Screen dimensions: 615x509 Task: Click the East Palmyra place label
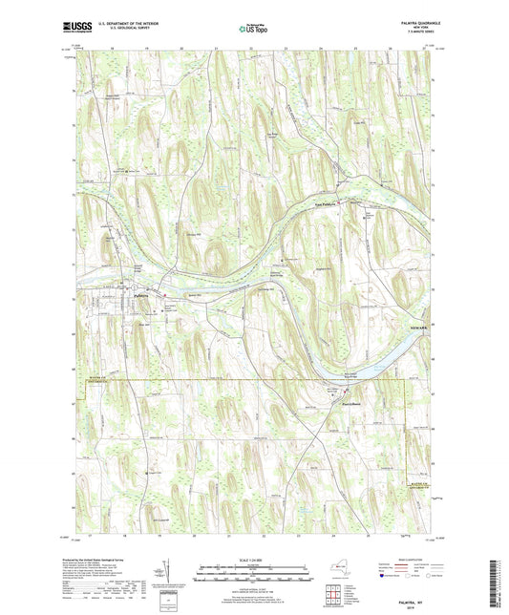coord(328,202)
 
